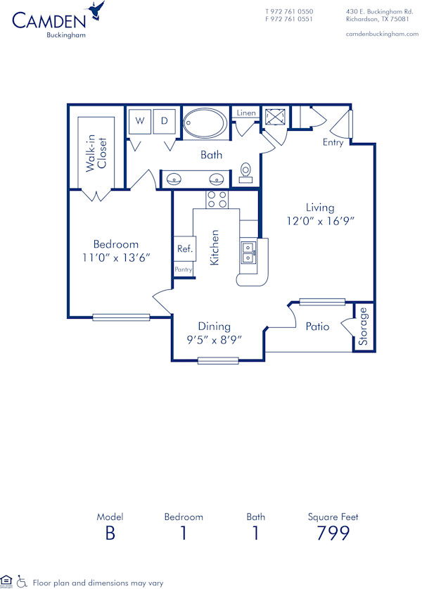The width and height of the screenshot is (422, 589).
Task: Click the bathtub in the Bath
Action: pos(205,125)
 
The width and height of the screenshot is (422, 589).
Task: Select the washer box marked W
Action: pos(140,121)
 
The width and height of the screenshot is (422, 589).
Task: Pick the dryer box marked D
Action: pos(165,121)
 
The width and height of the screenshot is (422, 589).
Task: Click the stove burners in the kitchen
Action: pos(217,199)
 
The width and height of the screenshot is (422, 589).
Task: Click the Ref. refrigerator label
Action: pos(184,248)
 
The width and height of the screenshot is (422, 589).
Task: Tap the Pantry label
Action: pos(184,270)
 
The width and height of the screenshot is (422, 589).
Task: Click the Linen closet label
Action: pos(246,113)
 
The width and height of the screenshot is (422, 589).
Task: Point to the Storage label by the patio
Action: pos(363,327)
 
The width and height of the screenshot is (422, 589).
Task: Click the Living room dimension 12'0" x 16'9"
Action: pos(320,220)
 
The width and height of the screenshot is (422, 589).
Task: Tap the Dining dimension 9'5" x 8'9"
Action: pos(214,338)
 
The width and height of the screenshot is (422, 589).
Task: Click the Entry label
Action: pos(333,143)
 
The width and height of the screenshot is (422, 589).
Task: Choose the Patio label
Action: pos(317,327)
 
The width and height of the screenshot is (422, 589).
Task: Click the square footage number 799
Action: pos(333,533)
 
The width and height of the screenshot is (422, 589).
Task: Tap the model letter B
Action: pos(110,533)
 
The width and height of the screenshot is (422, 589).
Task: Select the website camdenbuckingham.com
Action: pos(383,34)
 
